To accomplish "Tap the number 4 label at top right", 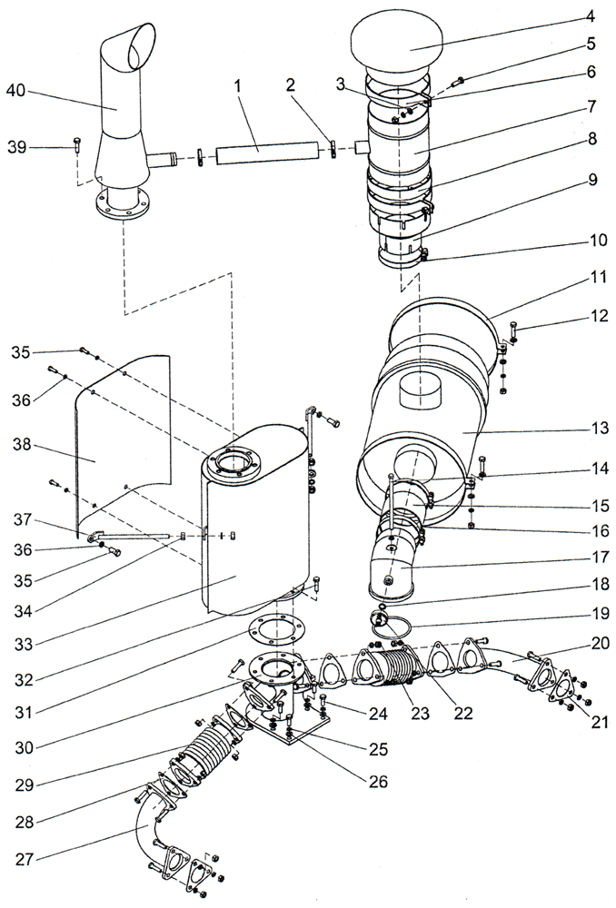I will [x=591, y=15].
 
